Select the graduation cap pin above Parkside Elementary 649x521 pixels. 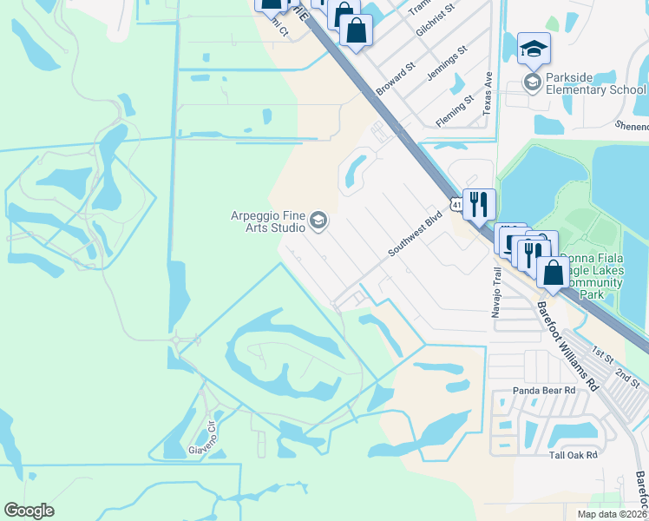534,49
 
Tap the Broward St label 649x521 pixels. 397,78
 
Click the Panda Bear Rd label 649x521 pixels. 544,391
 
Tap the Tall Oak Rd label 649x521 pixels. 574,455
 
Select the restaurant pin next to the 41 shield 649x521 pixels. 479,205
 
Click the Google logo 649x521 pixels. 29,511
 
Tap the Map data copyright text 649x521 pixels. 612,514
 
